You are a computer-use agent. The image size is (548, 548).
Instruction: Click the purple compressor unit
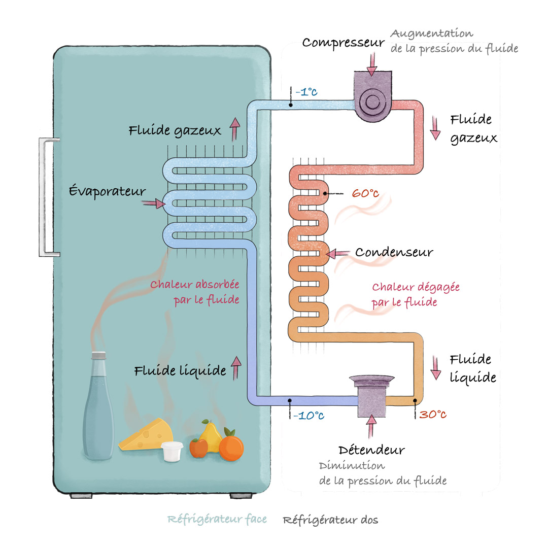[x=372, y=96]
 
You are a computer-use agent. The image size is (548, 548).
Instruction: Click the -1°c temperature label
[x=306, y=92]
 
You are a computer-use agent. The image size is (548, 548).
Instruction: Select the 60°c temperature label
[x=365, y=193]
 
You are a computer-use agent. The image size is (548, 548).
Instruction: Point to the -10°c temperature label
[x=309, y=416]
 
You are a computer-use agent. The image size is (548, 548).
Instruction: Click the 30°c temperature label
[x=433, y=415]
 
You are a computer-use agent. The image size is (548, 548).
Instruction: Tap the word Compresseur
[x=343, y=43]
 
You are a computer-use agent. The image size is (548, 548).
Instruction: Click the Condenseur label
[x=394, y=252]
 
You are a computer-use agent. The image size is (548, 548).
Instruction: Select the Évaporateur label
[x=107, y=191]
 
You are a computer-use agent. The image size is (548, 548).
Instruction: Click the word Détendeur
[x=371, y=450]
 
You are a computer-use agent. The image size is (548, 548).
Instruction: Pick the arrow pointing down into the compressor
[x=372, y=64]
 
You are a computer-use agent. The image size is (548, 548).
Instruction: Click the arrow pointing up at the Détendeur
[x=371, y=426]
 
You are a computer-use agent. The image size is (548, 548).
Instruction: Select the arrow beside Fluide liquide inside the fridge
[x=236, y=368]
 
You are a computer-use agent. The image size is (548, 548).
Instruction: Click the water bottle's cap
[x=98, y=356]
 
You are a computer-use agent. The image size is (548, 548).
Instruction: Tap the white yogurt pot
[x=172, y=452]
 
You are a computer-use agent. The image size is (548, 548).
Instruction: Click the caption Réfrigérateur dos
[x=331, y=520]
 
